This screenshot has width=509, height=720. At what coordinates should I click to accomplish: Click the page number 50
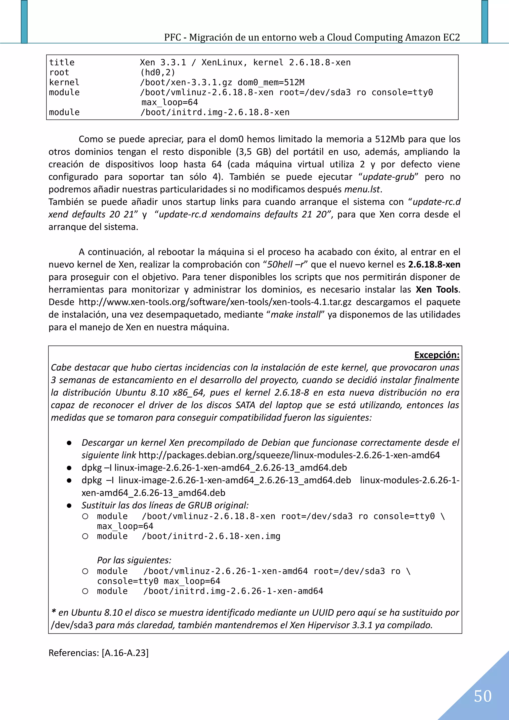[482, 696]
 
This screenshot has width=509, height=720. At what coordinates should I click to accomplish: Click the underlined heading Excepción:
[437, 355]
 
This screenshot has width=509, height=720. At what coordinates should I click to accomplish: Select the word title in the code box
[62, 62]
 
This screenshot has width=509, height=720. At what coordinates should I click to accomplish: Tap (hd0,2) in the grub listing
[157, 72]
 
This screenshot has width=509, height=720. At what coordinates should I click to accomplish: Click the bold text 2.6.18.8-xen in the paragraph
[434, 264]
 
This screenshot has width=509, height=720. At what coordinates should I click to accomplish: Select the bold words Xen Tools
[437, 290]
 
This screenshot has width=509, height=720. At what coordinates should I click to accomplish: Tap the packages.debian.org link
[289, 455]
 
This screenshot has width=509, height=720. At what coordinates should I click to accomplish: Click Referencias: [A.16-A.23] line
[98, 653]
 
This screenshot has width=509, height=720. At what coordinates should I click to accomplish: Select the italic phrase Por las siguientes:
[134, 560]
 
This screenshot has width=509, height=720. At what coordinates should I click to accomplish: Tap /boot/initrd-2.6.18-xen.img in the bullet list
[211, 536]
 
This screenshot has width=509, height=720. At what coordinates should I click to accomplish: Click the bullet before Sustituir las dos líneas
[69, 506]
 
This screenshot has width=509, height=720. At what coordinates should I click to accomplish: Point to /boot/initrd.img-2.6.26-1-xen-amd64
[233, 591]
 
